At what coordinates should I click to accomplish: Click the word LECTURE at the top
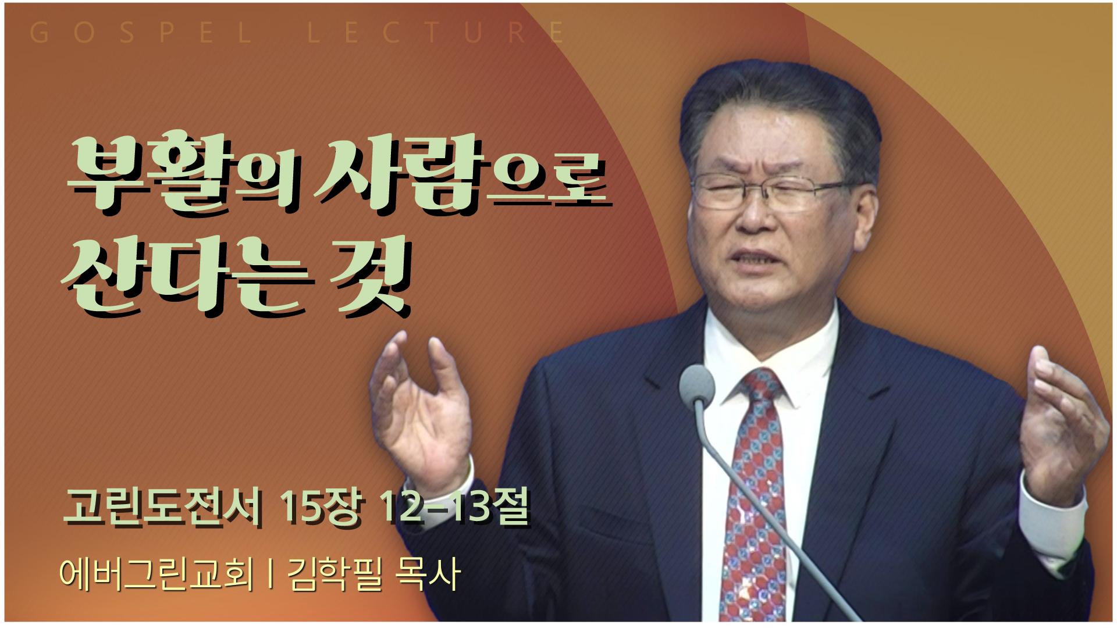click(x=436, y=33)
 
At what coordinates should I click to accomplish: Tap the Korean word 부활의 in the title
click(x=185, y=174)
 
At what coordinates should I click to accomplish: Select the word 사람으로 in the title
click(x=463, y=173)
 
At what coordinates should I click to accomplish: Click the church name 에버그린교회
click(x=157, y=574)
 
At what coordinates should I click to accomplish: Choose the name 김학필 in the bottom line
click(x=335, y=574)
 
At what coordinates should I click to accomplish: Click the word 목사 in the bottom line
click(x=428, y=574)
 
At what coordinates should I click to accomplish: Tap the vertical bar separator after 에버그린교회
click(x=271, y=574)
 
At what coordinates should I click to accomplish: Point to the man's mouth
click(x=756, y=259)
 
